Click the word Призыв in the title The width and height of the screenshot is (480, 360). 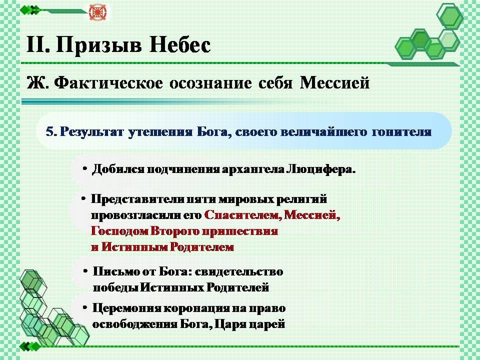click(x=99, y=45)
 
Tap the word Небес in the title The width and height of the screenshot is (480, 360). click(x=180, y=44)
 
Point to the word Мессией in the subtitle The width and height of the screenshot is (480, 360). click(x=334, y=83)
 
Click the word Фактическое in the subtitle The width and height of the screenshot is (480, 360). click(x=108, y=83)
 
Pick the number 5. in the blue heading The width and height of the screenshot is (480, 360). click(x=51, y=132)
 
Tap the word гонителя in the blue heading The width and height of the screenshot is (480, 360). click(x=401, y=132)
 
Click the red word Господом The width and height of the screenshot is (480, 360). click(x=119, y=231)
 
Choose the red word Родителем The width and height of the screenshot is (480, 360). click(x=201, y=246)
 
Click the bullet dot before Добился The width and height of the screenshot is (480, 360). click(x=85, y=169)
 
